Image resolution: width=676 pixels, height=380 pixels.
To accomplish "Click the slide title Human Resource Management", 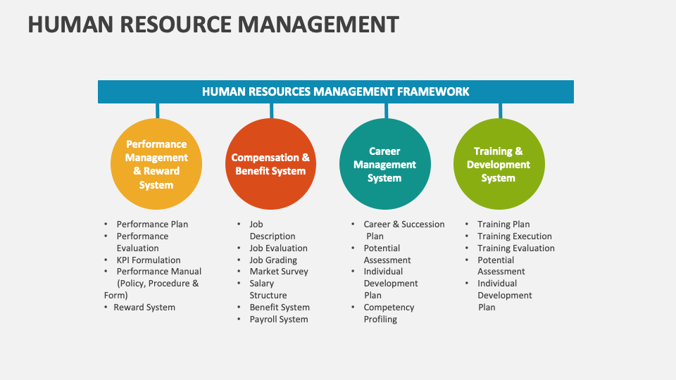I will (213, 24).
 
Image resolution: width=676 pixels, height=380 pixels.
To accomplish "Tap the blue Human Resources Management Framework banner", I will (335, 91).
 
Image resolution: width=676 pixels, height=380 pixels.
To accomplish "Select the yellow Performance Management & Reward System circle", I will (156, 165).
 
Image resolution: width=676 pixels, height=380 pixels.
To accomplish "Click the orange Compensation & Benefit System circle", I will (270, 165).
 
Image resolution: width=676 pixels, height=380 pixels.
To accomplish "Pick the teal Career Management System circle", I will (384, 165).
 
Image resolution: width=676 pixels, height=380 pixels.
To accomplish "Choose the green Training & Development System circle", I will (499, 165).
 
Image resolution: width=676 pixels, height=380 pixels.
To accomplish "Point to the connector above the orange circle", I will (271, 110).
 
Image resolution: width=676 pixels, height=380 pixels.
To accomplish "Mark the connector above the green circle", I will (500, 110).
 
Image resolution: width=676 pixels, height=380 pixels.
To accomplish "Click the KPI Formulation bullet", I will (148, 260).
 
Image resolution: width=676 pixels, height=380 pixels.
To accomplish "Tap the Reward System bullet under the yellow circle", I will (144, 308).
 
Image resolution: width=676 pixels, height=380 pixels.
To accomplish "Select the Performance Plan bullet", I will (152, 224).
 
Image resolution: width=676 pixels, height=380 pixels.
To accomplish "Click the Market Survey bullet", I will (278, 272).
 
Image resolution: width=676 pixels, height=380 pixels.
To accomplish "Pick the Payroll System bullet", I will (278, 319).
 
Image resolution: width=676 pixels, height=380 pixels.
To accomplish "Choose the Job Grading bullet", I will (273, 260).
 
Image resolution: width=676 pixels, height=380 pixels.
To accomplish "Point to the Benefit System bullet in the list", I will (280, 308).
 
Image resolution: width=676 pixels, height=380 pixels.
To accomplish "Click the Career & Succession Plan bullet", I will (403, 230).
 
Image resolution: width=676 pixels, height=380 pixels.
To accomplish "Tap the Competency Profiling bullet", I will (388, 313).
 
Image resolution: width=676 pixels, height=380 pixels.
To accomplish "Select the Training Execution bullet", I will (514, 236).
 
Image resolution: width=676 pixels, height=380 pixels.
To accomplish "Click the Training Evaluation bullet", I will (515, 248).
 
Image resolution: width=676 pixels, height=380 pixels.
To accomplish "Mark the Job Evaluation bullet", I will (278, 248).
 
